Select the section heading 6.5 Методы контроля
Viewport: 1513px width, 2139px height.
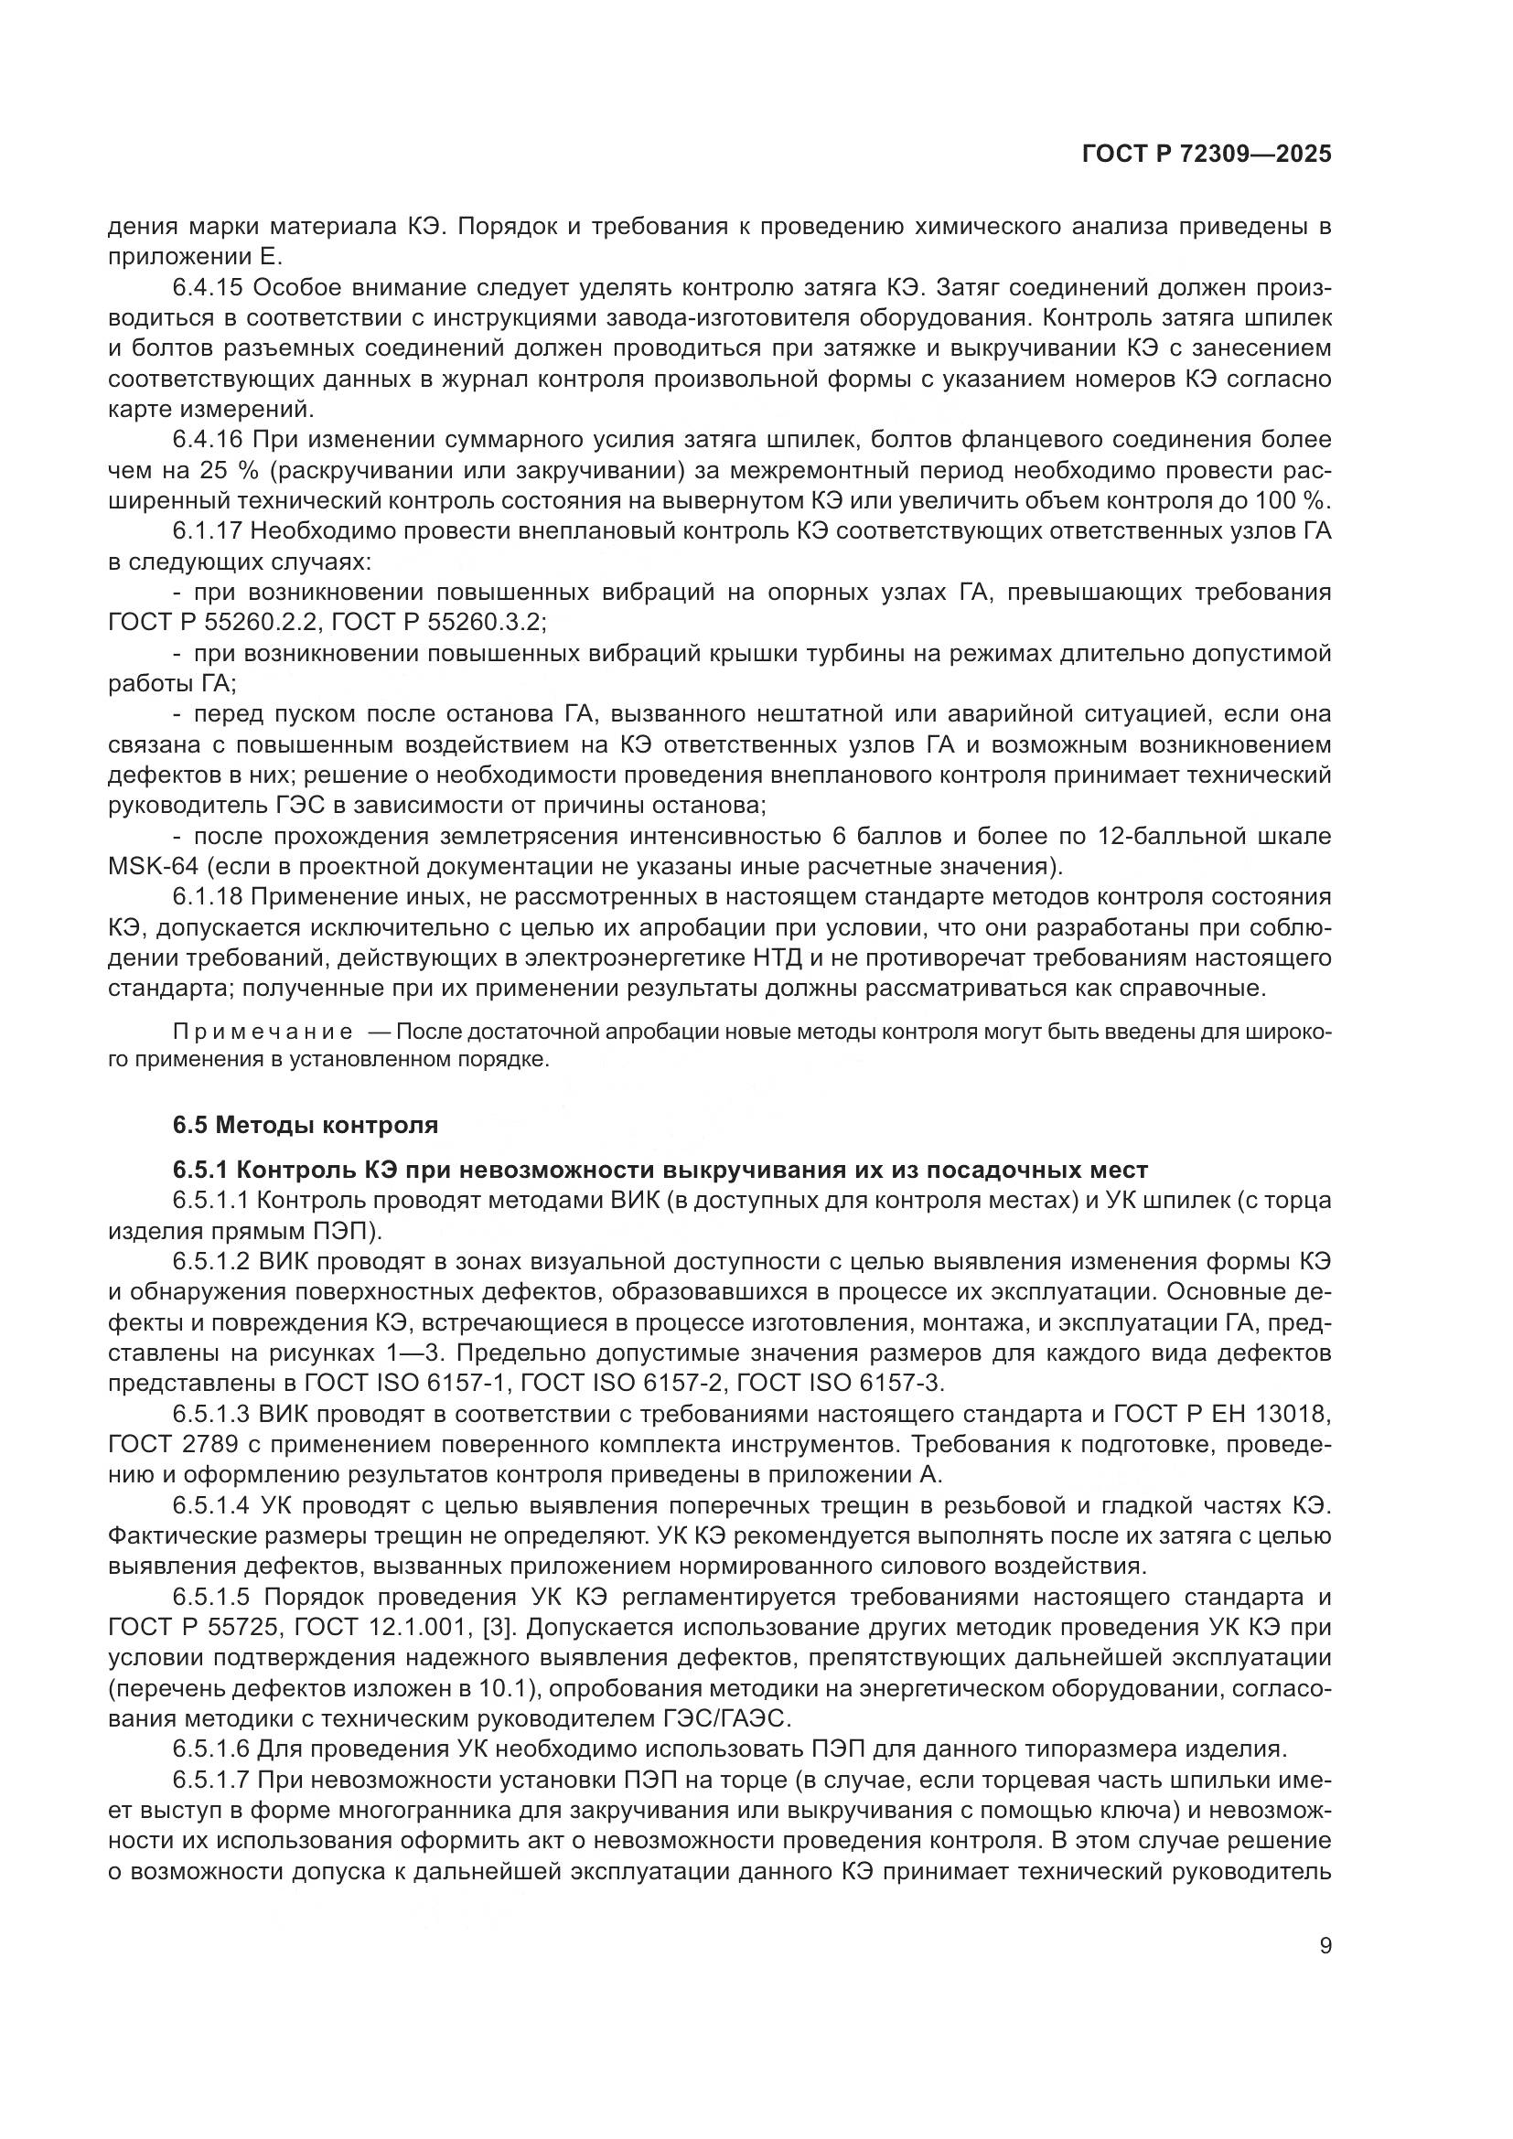pos(305,1125)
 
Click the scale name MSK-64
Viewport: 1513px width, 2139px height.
pos(154,866)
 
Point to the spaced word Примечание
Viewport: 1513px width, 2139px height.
pos(263,1032)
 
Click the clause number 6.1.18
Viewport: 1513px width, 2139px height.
pos(208,897)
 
